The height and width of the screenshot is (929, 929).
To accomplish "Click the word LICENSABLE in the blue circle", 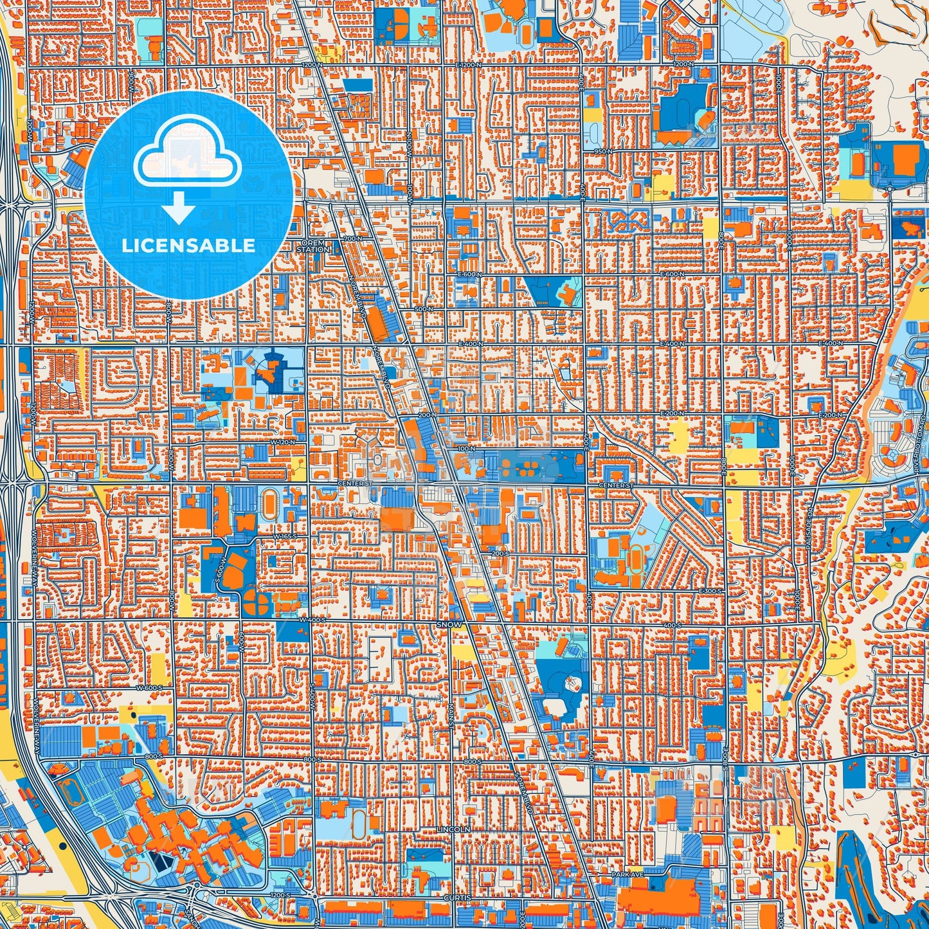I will [188, 246].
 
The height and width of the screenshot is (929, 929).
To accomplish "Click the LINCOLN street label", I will [453, 830].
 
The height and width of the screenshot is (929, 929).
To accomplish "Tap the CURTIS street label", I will [457, 897].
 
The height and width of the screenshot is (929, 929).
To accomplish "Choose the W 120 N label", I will [283, 442].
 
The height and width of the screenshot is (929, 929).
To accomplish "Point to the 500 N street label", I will [422, 309].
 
